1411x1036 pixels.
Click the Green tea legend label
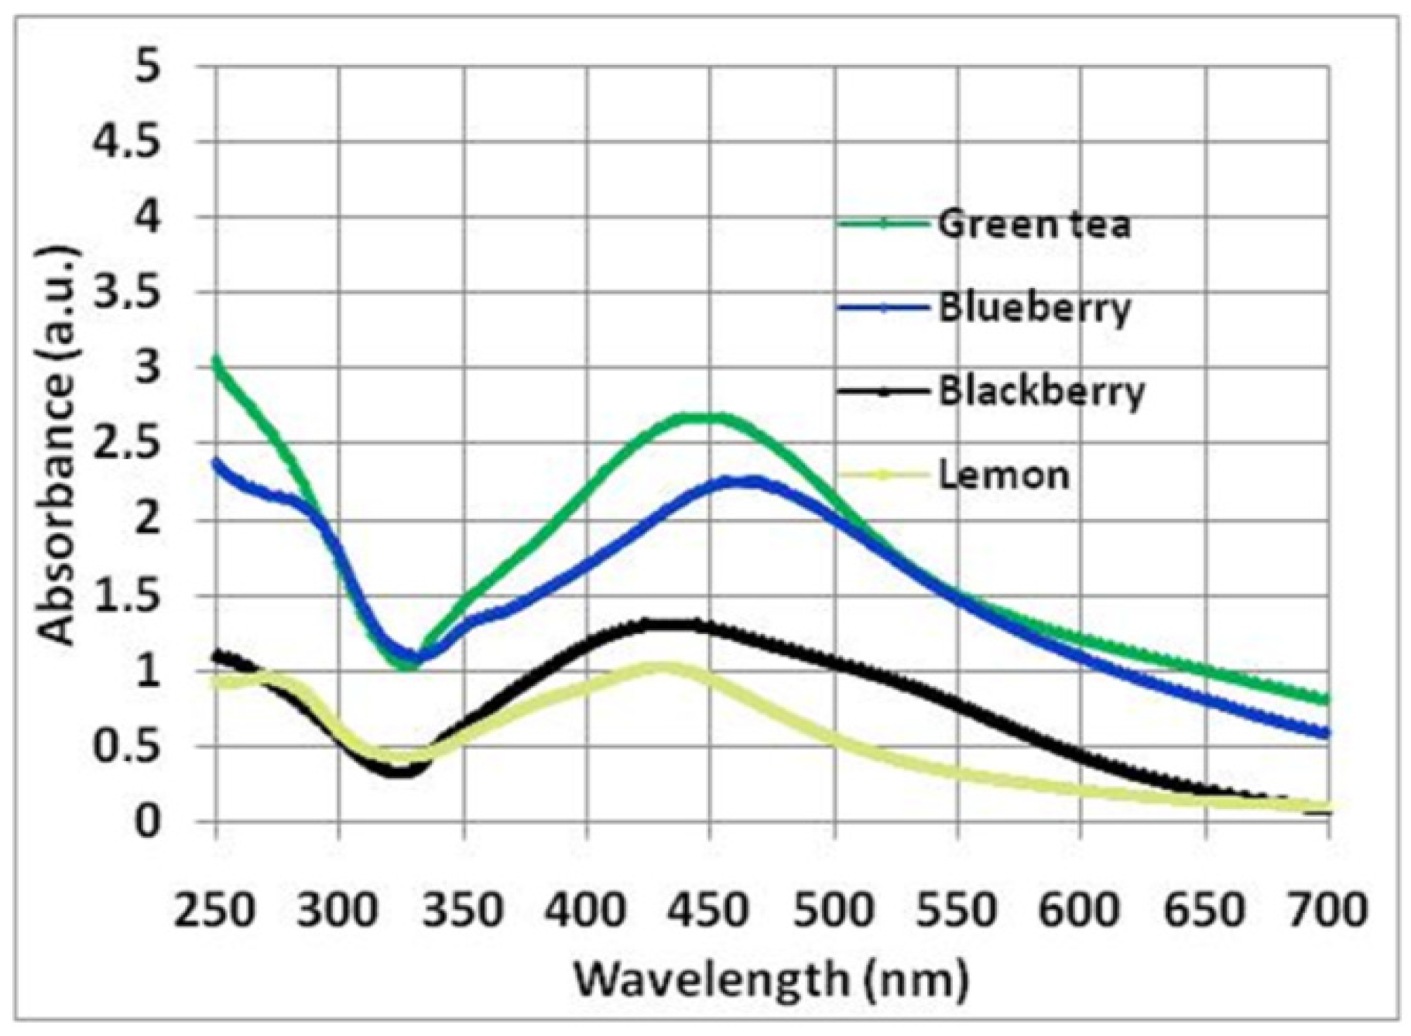1034,225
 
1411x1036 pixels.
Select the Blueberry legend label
1034,308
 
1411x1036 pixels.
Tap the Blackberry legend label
1041,391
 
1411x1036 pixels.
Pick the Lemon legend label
1003,475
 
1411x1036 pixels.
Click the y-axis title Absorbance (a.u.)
59,445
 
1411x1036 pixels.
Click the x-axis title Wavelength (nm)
771,979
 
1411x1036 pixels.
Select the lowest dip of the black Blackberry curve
400,771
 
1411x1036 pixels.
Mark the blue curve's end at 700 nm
1327,732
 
